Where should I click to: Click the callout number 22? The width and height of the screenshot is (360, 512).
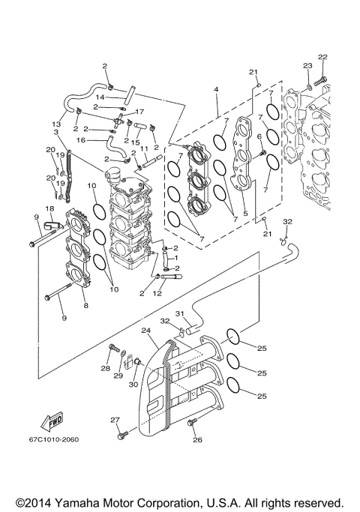tap(322, 57)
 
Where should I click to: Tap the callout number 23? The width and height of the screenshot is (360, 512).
tap(307, 67)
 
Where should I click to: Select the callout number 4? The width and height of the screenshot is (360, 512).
tap(216, 91)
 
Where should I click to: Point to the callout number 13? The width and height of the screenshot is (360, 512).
tap(55, 124)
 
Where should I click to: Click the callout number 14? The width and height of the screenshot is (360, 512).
tap(99, 97)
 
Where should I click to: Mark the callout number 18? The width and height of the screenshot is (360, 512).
tap(49, 208)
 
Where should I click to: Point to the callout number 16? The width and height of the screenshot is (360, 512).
tap(80, 139)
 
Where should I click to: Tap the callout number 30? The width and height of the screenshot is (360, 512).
tap(133, 385)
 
